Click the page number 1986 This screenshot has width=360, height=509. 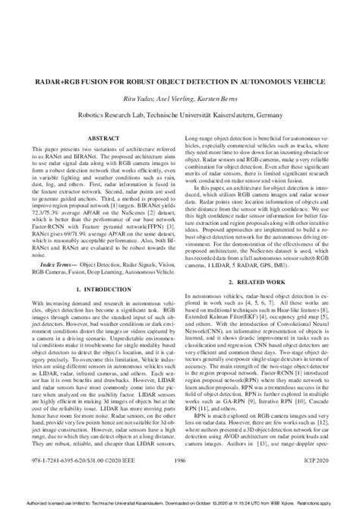tap(179, 480)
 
